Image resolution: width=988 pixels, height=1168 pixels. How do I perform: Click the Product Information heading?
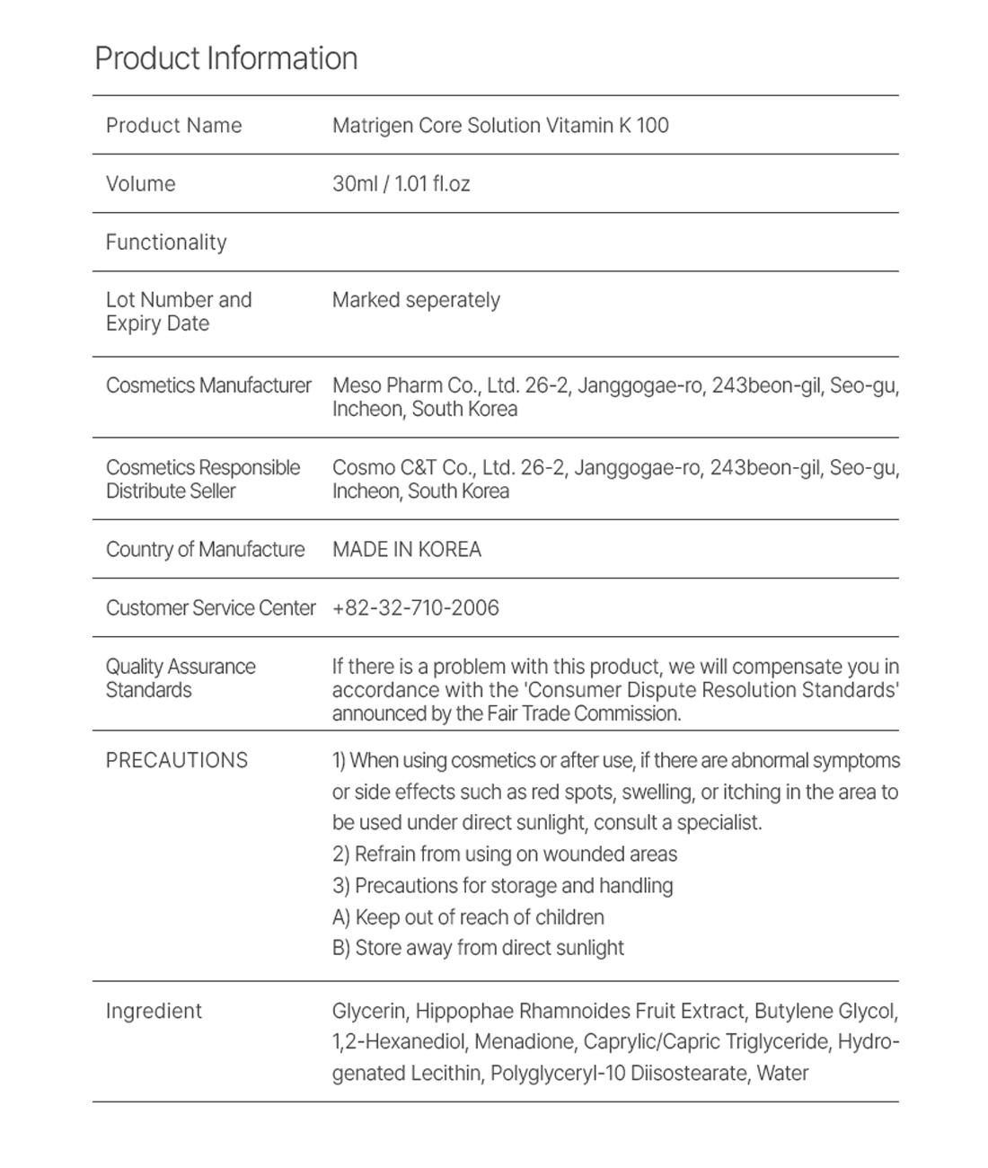226,58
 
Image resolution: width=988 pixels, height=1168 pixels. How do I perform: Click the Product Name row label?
173,126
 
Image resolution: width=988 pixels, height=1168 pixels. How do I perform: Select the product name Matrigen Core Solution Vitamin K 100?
500,126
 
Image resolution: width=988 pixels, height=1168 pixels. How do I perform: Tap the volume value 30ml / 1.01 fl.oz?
401,184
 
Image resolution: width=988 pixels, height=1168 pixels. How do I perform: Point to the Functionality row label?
166,243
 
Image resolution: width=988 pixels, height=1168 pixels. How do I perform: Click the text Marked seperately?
416,300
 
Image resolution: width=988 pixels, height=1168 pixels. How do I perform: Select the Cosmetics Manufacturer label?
208,385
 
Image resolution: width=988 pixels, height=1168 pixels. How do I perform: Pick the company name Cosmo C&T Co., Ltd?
422,468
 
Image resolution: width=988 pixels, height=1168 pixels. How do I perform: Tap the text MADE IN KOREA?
407,550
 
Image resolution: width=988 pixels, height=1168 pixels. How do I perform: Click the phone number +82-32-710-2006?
415,608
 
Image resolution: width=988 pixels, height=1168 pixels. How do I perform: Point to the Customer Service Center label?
210,608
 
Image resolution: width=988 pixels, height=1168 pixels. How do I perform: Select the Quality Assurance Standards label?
180,678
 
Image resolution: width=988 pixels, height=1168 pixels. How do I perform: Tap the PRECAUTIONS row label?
176,761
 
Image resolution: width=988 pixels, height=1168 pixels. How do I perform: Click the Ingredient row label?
154,1012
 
